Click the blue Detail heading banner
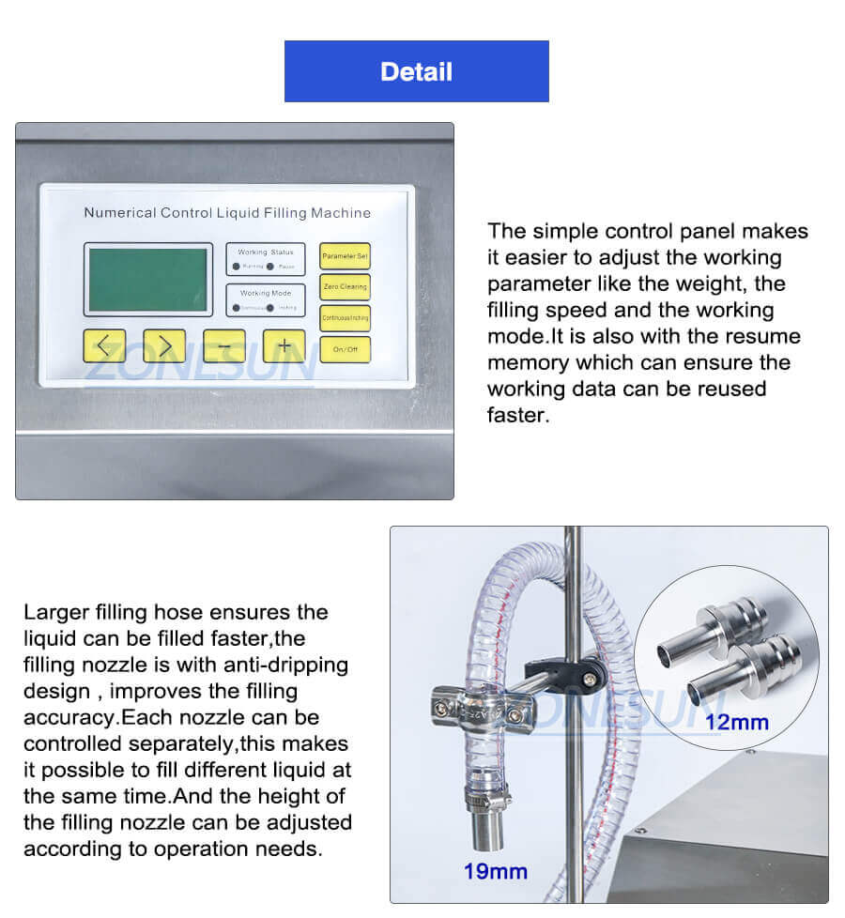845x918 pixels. (x=416, y=71)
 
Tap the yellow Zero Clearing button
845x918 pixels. (x=345, y=286)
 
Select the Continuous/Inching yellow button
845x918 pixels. (x=345, y=318)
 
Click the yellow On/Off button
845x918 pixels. (x=345, y=349)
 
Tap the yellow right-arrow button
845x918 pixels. (x=164, y=345)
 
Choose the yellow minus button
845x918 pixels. (x=224, y=345)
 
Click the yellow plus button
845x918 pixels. (x=284, y=345)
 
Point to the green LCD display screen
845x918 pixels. (x=147, y=279)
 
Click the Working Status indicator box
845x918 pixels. (x=265, y=259)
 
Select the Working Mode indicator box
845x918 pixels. (x=265, y=299)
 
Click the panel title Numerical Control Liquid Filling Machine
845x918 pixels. (x=227, y=213)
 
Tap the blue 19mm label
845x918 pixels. (x=495, y=871)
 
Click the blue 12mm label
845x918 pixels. (x=737, y=722)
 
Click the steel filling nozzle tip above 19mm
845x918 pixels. (x=484, y=825)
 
